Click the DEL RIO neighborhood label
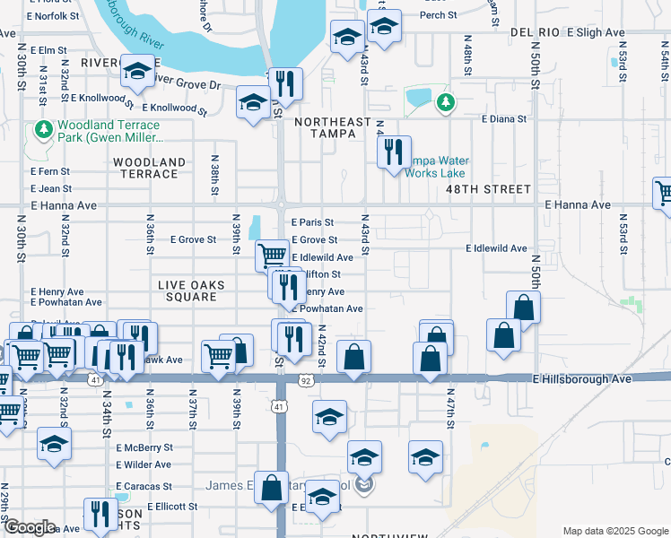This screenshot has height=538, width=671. [535, 32]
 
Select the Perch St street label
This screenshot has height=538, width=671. [438, 15]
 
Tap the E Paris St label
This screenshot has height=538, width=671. [312, 222]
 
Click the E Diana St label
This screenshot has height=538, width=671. [503, 118]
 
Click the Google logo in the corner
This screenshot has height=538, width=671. [30, 527]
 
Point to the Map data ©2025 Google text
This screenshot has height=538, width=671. [615, 531]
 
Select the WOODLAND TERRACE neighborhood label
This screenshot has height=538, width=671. [150, 168]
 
